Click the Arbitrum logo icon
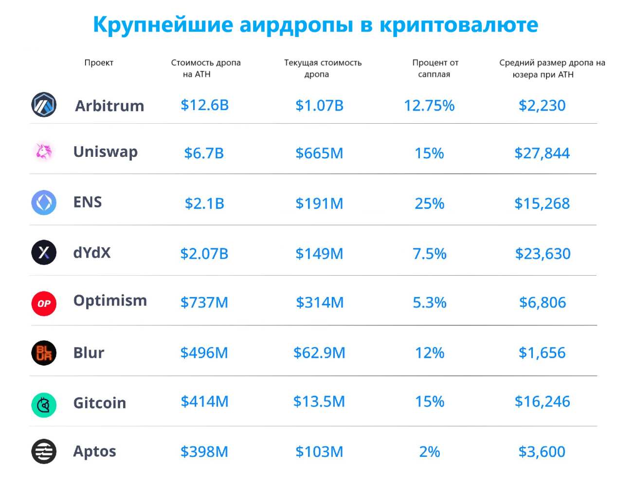(x=44, y=105)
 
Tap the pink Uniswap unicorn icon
(x=44, y=151)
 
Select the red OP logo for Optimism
(x=44, y=303)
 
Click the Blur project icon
(x=44, y=353)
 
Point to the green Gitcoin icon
(x=44, y=405)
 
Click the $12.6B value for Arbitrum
(x=204, y=105)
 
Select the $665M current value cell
(x=319, y=153)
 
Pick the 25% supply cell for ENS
(x=429, y=204)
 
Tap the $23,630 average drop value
(x=543, y=254)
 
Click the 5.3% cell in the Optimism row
(x=429, y=302)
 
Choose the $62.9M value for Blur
(x=319, y=353)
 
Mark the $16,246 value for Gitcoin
(x=542, y=402)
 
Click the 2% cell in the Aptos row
(x=429, y=452)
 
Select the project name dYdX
(x=92, y=253)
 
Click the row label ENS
(x=88, y=202)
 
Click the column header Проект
(x=99, y=63)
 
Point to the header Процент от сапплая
(x=435, y=69)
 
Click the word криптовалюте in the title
(x=458, y=25)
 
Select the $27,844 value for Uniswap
(x=542, y=153)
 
